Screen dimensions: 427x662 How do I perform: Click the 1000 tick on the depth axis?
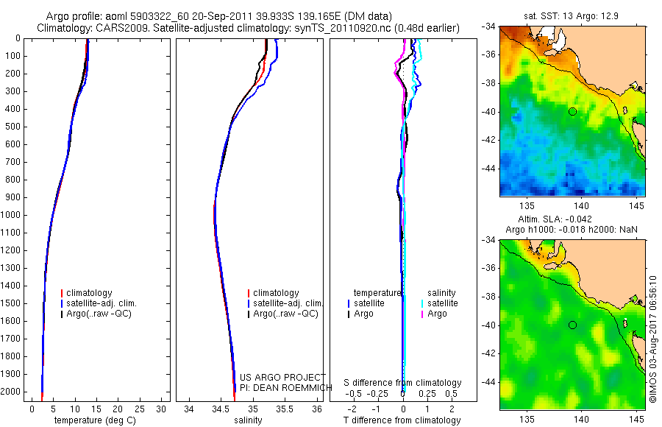click(12, 215)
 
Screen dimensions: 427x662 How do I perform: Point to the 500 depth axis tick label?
click(14, 127)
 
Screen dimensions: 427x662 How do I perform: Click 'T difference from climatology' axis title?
click(402, 420)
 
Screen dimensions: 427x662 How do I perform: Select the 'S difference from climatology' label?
click(402, 383)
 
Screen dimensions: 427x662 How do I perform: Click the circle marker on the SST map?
click(572, 111)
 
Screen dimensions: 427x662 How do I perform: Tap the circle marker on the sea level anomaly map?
click(572, 325)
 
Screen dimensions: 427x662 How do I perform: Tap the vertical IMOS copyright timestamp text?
click(652, 339)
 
